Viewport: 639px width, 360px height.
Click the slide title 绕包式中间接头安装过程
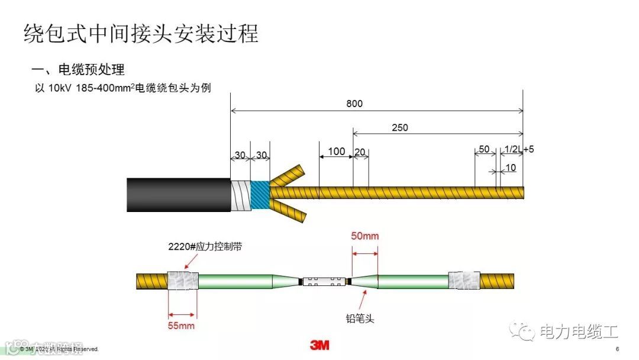[x=141, y=33]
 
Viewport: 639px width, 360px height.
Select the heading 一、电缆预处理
[x=78, y=69]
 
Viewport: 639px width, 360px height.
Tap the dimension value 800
[x=354, y=104]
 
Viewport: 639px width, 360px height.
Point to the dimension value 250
[x=399, y=127]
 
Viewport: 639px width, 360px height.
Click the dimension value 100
[x=336, y=152]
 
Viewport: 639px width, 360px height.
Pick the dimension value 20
[x=360, y=152]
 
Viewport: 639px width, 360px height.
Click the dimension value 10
[x=510, y=168]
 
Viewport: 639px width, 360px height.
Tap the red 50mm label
[x=365, y=236]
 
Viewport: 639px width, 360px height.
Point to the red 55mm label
[x=181, y=325]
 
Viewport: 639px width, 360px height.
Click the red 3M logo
[x=319, y=345]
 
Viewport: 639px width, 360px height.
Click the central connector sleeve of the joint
[x=324, y=281]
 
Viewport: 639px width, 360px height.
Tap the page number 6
[x=617, y=349]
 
